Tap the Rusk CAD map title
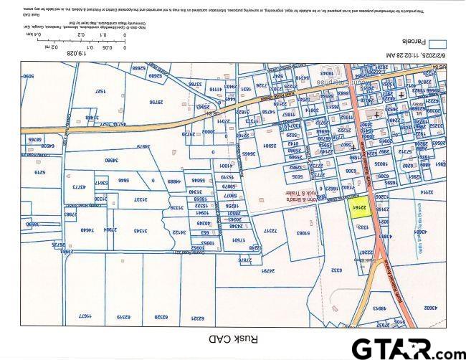[x=232, y=338]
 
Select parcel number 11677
[x=87, y=316]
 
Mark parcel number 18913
[x=379, y=308]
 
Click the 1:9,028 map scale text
[x=76, y=53]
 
